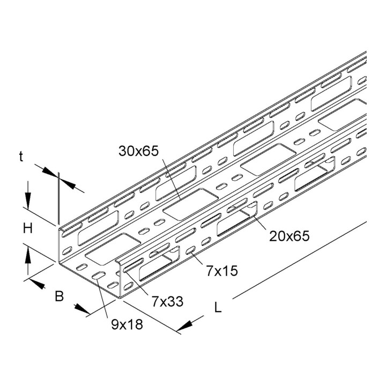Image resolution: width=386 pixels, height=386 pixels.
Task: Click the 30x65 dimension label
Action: click(138, 151)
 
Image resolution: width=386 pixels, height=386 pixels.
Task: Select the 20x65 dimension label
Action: click(289, 236)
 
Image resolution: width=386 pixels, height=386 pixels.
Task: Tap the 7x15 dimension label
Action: click(222, 271)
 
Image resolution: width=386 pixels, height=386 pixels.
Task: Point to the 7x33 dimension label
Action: click(167, 301)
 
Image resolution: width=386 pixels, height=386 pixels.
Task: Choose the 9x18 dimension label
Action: click(127, 324)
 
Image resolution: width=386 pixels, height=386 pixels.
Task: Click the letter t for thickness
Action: click(21, 157)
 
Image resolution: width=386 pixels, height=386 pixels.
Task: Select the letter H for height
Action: click(28, 228)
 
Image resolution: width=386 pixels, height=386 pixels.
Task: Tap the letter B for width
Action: click(60, 296)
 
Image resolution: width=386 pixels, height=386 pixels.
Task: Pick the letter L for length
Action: click(218, 307)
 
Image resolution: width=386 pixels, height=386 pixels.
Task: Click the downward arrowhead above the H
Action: click(28, 201)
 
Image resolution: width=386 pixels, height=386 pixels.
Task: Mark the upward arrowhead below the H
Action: click(28, 255)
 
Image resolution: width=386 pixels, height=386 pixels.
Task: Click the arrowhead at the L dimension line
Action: click(184, 326)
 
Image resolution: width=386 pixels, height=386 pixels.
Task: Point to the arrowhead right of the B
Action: click(81, 309)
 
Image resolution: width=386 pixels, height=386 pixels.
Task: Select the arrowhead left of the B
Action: click(37, 284)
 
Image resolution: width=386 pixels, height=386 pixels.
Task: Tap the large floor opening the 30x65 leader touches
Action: click(191, 204)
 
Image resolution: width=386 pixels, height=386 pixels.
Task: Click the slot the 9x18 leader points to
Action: click(99, 276)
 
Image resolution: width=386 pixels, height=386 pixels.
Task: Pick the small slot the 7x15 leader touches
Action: click(190, 250)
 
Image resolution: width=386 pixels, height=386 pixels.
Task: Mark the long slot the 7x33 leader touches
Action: click(133, 265)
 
